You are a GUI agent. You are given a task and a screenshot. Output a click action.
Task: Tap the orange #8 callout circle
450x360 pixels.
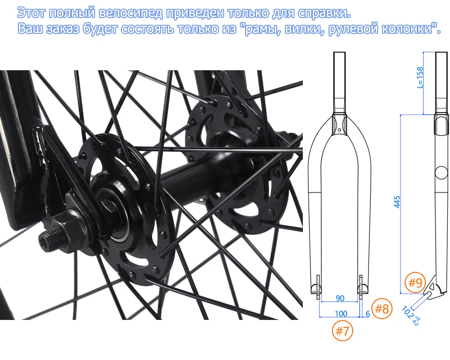[x=382, y=309]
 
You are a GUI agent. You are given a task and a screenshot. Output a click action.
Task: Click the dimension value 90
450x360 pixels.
[x=340, y=298]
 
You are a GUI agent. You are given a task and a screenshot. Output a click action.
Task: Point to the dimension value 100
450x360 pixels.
[x=340, y=314]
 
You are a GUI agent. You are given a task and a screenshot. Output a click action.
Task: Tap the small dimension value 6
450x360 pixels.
[x=367, y=314]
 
